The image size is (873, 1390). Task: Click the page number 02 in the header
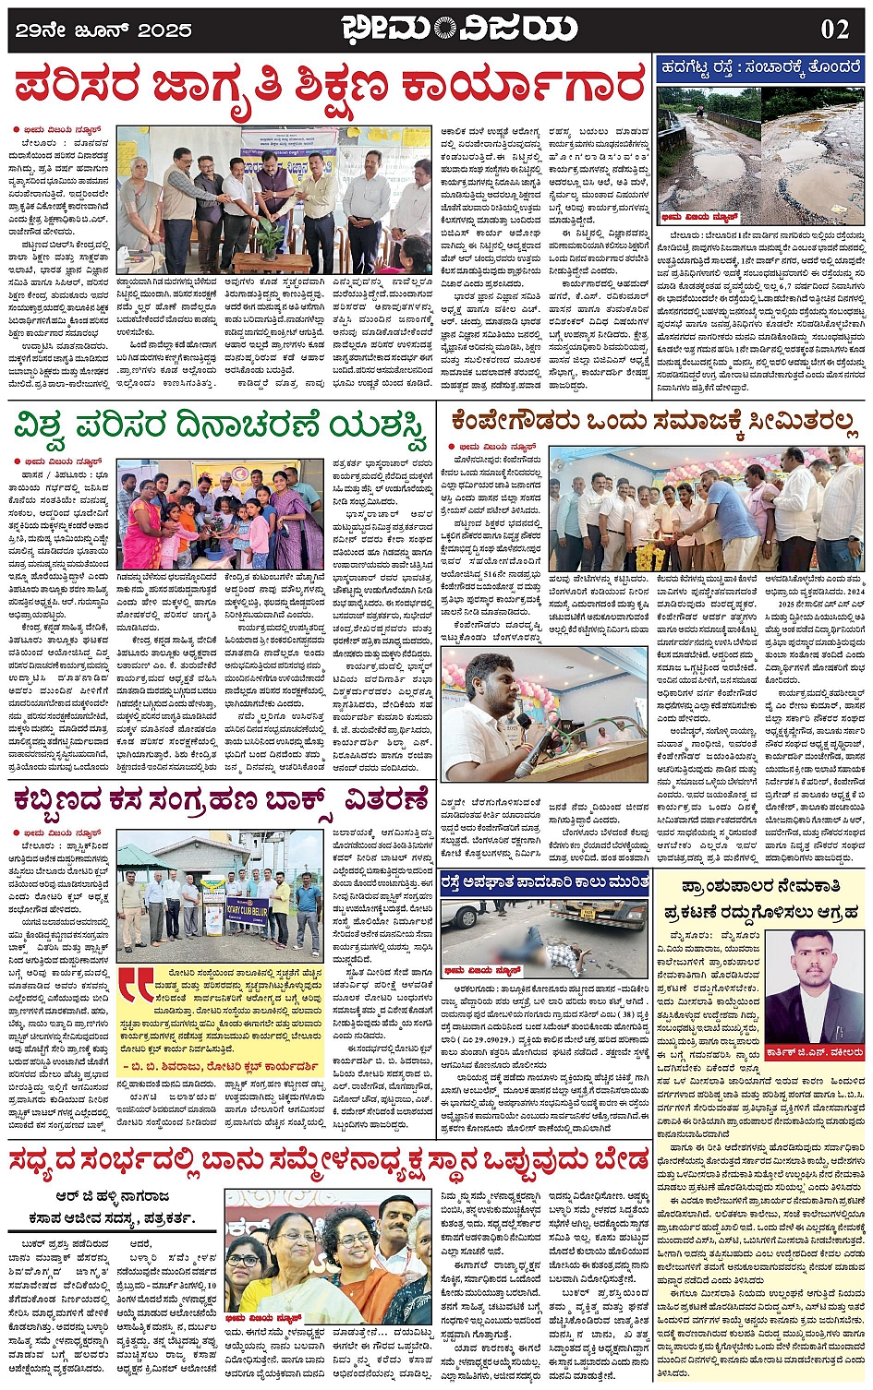834,29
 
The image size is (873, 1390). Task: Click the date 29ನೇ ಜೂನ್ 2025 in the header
103,30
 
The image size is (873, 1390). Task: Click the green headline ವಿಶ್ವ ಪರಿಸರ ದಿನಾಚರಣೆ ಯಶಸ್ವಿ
222,427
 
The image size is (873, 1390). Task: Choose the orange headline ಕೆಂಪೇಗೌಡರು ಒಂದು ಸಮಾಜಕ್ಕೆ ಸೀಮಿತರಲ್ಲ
654,422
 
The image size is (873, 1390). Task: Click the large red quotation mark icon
136,989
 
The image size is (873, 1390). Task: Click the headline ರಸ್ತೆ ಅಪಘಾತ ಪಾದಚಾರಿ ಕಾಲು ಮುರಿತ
544,882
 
